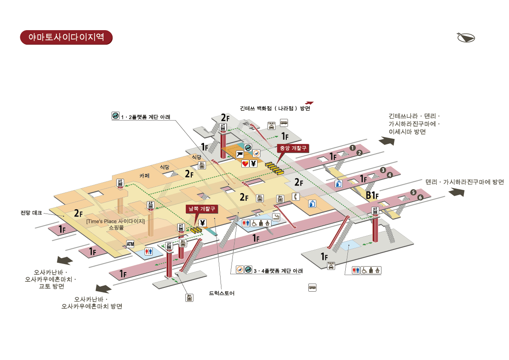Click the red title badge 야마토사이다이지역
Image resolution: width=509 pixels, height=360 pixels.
pos(66,37)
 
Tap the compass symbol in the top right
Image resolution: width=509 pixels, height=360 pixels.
pos(466,37)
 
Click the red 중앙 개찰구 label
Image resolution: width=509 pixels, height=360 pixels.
pos(293,148)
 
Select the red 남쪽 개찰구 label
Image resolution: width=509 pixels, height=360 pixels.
pos(203,209)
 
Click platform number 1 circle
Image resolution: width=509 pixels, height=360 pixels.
pos(352,147)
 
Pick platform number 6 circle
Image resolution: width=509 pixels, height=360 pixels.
pos(420,197)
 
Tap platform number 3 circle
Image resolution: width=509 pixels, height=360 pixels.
pos(383,170)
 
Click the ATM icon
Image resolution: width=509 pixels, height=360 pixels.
pos(130,244)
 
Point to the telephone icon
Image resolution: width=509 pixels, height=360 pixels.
pos(296,197)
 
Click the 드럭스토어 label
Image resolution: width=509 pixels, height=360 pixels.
pos(222,293)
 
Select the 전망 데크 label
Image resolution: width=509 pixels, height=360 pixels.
pos(31,213)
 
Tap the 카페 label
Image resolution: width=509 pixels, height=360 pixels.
pos(145,175)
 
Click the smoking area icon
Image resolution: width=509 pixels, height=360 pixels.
pos(276,217)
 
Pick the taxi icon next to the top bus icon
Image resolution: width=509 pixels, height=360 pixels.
pos(271,125)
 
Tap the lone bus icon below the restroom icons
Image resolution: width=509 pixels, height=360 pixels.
pos(312,287)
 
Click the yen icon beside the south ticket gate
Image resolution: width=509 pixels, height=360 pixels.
pos(202,222)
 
